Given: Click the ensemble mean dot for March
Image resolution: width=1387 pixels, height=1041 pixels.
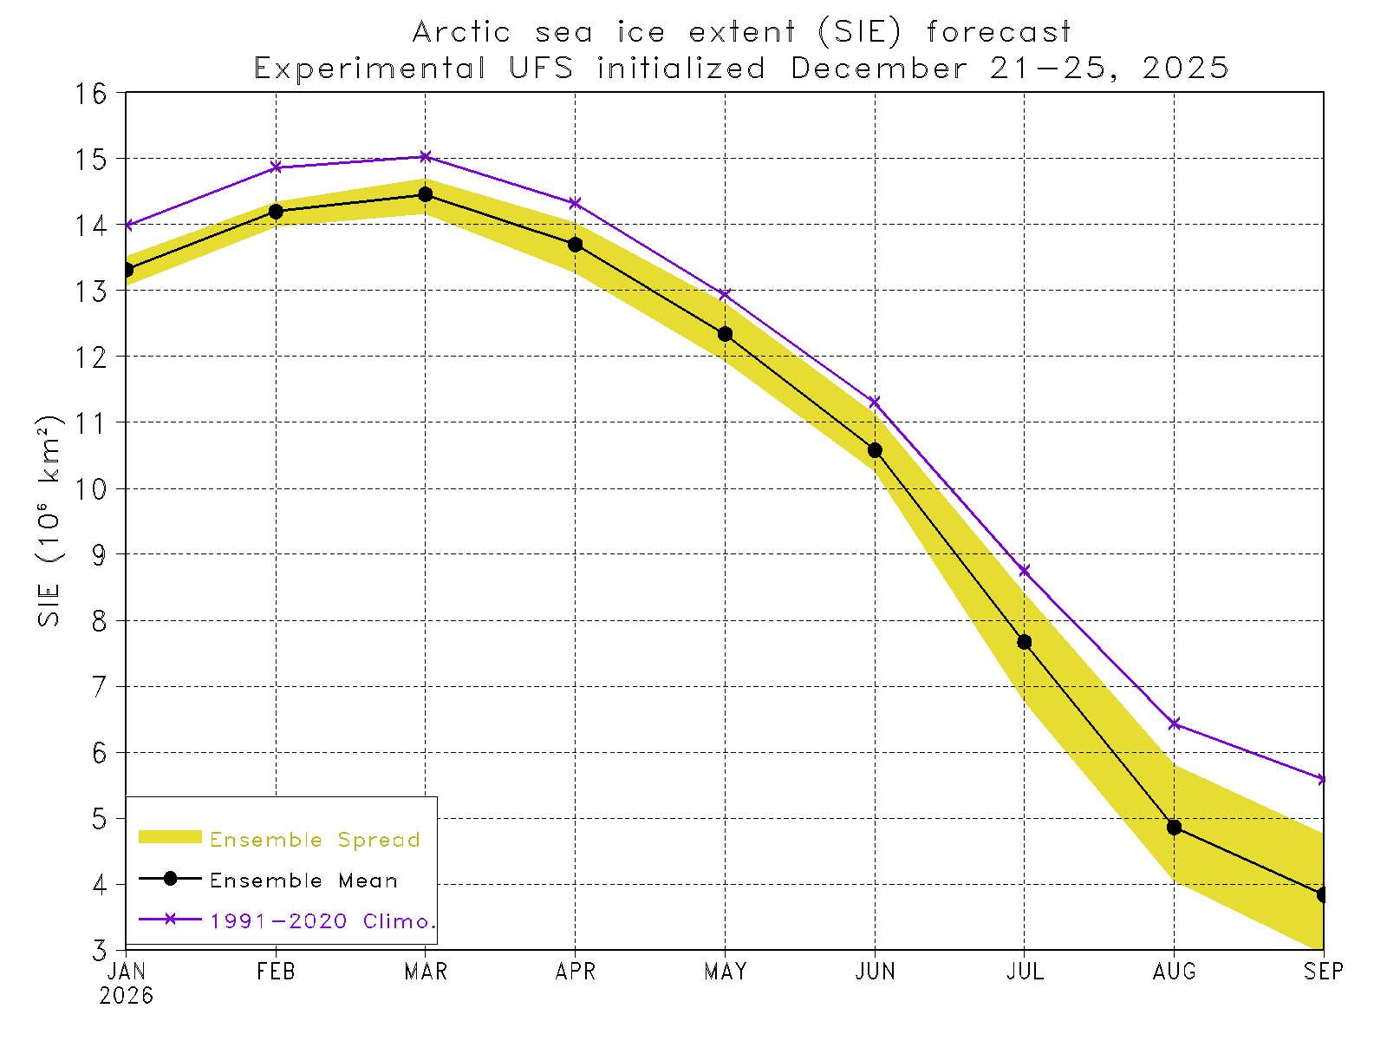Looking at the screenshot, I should pyautogui.click(x=426, y=194).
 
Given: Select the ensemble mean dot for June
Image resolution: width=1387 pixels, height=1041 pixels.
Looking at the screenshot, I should pyautogui.click(x=875, y=450).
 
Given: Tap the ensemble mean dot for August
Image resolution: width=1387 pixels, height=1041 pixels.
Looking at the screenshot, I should pyautogui.click(x=1175, y=828).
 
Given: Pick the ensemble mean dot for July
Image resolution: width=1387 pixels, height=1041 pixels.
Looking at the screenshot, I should pyautogui.click(x=1025, y=642).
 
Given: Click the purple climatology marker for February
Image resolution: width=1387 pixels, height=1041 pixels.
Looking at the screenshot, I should pyautogui.click(x=277, y=167).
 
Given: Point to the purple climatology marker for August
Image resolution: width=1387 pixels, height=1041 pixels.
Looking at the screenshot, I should pyautogui.click(x=1175, y=723).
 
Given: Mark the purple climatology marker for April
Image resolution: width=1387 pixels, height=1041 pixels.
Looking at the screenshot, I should pyautogui.click(x=576, y=203).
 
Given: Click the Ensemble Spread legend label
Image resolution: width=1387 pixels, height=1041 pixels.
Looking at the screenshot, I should pyautogui.click(x=315, y=840).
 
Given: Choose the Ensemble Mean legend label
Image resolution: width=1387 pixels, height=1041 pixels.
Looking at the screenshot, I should pyautogui.click(x=303, y=881).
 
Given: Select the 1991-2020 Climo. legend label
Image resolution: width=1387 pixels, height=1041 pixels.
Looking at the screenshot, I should pyautogui.click(x=322, y=921).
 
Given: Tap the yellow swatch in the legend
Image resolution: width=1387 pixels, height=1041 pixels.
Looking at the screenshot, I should pyautogui.click(x=170, y=837).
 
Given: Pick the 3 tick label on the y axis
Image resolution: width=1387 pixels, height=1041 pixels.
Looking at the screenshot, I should pyautogui.click(x=101, y=951).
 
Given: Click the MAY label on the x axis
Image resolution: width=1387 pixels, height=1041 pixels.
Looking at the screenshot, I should pyautogui.click(x=726, y=972).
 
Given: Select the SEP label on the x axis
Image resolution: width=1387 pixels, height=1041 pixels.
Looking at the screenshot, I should pyautogui.click(x=1324, y=972).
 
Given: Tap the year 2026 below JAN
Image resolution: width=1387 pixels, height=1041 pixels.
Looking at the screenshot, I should pyautogui.click(x=127, y=996).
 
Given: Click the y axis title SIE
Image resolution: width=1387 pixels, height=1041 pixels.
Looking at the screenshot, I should pyautogui.click(x=49, y=606).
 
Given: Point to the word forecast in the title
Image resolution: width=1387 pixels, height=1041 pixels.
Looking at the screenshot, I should pyautogui.click(x=999, y=33).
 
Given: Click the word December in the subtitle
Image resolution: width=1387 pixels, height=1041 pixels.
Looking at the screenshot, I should pyautogui.click(x=879, y=69).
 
